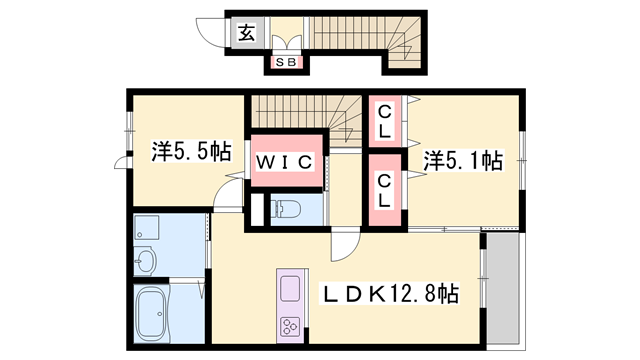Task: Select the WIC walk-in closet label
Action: click(x=289, y=161)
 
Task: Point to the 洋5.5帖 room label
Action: click(x=192, y=152)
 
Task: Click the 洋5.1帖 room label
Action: click(x=461, y=159)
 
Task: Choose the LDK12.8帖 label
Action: click(x=389, y=295)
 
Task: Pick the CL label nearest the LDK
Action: click(x=384, y=189)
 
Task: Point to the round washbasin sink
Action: click(x=146, y=263)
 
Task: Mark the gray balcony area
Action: click(x=503, y=290)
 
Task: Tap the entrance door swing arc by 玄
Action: click(x=211, y=33)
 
